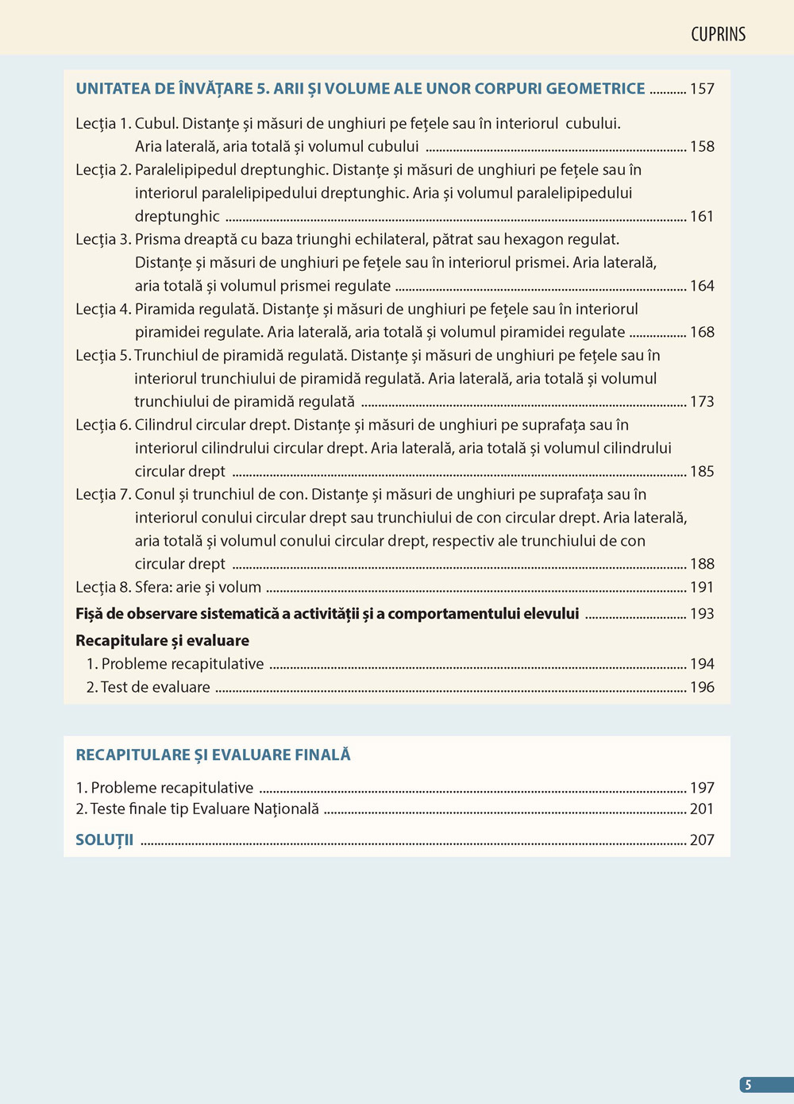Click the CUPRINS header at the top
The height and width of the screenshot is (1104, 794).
(x=718, y=34)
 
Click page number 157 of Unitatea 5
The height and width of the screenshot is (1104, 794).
(x=702, y=89)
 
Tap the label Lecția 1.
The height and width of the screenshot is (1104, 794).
(x=103, y=124)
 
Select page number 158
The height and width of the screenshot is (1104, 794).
(x=702, y=147)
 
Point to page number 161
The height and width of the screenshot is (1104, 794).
(x=702, y=217)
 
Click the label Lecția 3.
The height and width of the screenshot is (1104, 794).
(x=103, y=240)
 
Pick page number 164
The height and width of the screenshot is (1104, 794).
(x=702, y=286)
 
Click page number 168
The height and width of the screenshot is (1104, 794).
(x=702, y=333)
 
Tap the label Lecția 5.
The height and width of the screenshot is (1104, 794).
(x=103, y=356)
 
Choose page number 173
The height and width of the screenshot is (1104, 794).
(x=702, y=402)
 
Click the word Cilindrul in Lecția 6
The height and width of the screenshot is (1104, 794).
(x=163, y=426)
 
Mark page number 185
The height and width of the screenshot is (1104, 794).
(x=702, y=472)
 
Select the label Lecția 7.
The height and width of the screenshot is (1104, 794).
(x=103, y=495)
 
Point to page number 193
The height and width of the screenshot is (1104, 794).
(x=702, y=614)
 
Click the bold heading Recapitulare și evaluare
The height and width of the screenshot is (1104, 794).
(x=162, y=641)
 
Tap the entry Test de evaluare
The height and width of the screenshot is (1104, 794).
(x=156, y=688)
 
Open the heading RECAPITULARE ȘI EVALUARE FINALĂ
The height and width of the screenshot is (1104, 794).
(x=213, y=755)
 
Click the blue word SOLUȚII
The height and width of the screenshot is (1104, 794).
(x=104, y=840)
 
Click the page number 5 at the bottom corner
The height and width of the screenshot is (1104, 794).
(x=748, y=1085)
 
